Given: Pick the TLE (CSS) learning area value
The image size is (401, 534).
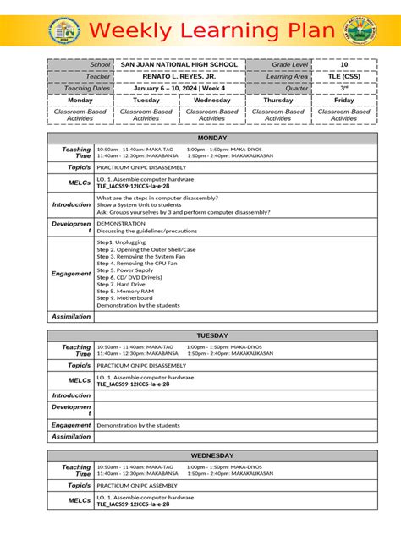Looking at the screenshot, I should [343, 76].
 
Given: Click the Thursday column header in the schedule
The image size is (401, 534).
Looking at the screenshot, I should [277, 100].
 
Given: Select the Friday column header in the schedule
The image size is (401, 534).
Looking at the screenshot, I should [343, 100].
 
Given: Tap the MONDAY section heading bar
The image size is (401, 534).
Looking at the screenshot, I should [211, 138].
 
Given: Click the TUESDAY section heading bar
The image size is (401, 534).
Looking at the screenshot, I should [211, 335].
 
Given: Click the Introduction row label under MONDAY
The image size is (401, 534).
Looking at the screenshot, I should [71, 204].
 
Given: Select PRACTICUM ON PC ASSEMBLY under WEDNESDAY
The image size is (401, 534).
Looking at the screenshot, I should [136, 486].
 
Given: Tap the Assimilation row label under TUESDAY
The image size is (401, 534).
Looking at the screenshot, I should [71, 437].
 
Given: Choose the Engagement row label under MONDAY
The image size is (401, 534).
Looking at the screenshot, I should [71, 274].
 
